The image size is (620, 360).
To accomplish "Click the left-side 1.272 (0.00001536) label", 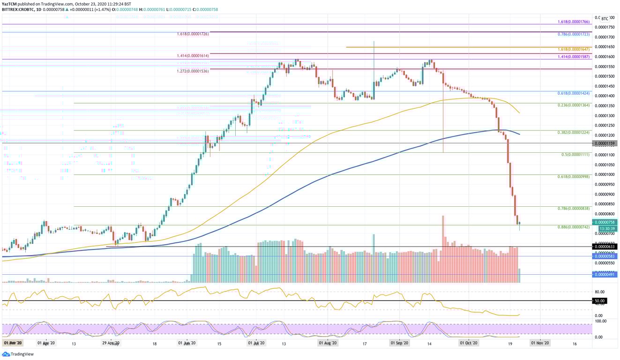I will (193, 71).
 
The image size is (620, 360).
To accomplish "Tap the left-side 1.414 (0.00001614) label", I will (193, 56).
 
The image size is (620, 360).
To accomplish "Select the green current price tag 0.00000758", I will (605, 222).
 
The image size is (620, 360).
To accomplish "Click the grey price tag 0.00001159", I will (605, 143).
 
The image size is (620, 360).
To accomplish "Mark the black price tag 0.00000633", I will (605, 247).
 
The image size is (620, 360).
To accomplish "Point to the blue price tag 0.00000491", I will (605, 275).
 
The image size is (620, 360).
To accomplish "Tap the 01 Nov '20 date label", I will (539, 343).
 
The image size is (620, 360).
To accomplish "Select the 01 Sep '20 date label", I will (400, 343).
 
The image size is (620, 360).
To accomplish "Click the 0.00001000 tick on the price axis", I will (605, 174).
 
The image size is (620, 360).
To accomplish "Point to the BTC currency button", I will (605, 19).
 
